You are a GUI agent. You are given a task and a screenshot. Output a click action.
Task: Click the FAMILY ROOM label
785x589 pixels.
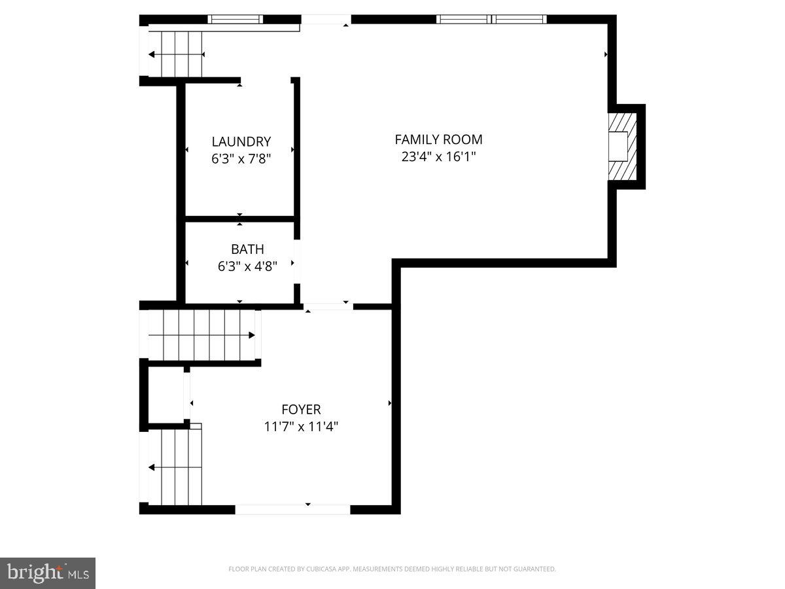click(438, 139)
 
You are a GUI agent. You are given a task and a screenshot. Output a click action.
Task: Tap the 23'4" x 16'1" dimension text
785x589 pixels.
click(438, 157)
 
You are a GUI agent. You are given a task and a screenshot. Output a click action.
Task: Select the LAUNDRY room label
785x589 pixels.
click(241, 141)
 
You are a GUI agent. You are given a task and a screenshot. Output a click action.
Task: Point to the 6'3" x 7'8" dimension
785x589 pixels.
click(241, 158)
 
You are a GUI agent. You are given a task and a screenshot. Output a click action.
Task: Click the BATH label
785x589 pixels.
click(247, 249)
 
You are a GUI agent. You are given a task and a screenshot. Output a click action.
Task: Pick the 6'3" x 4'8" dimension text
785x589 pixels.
click(247, 266)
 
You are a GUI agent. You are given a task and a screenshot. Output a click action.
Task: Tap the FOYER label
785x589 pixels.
click(301, 410)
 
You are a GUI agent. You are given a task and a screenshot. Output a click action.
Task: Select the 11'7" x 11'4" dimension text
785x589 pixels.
click(301, 427)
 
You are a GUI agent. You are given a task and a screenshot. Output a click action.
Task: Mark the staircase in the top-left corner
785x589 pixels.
click(175, 54)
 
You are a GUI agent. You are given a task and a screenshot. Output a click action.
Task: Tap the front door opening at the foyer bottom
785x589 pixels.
click(292, 509)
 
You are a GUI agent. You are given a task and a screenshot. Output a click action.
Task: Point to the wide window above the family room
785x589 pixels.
click(491, 19)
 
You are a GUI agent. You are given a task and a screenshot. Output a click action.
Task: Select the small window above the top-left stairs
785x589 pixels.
click(235, 19)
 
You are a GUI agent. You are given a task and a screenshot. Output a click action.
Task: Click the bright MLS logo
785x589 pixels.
click(48, 573)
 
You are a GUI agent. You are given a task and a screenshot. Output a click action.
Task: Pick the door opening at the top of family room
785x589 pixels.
click(326, 20)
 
